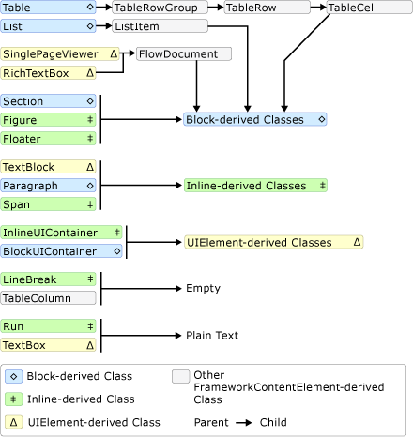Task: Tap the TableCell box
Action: [358, 8]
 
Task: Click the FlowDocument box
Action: [183, 54]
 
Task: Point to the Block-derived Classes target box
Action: [254, 120]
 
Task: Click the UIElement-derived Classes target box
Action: [273, 242]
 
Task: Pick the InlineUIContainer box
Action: [62, 232]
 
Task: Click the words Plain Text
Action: [212, 335]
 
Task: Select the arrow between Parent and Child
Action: [244, 423]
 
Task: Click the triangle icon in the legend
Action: [16, 423]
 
